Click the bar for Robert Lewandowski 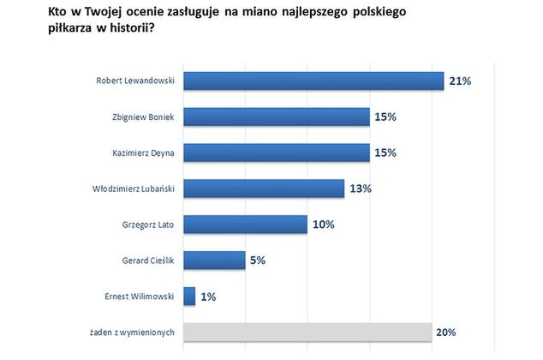click(313, 81)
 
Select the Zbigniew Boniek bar click(277, 117)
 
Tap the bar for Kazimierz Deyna click(277, 153)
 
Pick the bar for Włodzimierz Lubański click(264, 189)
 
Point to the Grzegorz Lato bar click(246, 225)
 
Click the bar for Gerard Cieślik click(214, 261)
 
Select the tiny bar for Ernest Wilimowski click(189, 297)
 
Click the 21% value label click(459, 82)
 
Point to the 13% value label click(360, 189)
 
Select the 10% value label click(323, 225)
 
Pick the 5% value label click(257, 261)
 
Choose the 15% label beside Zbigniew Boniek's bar click(385, 117)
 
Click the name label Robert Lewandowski click(135, 82)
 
